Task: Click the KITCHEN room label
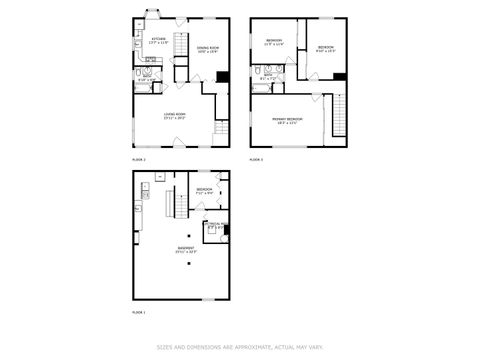[145, 40]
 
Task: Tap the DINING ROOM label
[207, 48]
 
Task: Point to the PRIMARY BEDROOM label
[287, 118]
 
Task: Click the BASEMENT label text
[185, 249]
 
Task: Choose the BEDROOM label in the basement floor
[204, 189]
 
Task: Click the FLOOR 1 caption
[138, 313]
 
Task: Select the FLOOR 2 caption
[138, 159]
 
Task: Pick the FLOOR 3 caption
[256, 159]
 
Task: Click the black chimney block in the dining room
[222, 77]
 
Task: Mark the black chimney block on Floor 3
[340, 77]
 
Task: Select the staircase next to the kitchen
[181, 45]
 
